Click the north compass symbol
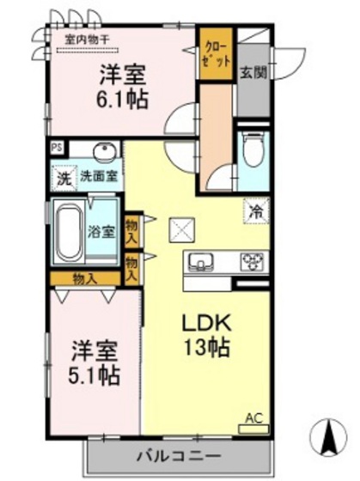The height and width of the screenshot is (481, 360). point(328,437)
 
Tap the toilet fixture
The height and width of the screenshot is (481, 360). point(253,149)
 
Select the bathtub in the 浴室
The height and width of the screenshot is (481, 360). point(70,233)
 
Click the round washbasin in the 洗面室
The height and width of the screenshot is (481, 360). point(105,151)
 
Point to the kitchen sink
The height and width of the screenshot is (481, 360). point(201,263)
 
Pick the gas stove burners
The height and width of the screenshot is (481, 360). point(252,261)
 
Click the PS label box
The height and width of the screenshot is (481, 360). point(57,148)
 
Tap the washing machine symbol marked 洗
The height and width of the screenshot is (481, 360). point(64,178)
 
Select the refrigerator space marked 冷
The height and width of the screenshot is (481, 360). point(257,211)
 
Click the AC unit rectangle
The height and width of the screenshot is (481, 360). point(253,429)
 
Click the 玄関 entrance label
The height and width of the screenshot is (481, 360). point(253,73)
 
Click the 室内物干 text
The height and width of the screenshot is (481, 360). point(87,40)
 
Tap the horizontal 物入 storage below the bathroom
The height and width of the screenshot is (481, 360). point(85,279)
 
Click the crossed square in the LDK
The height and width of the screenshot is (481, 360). point(181,230)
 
